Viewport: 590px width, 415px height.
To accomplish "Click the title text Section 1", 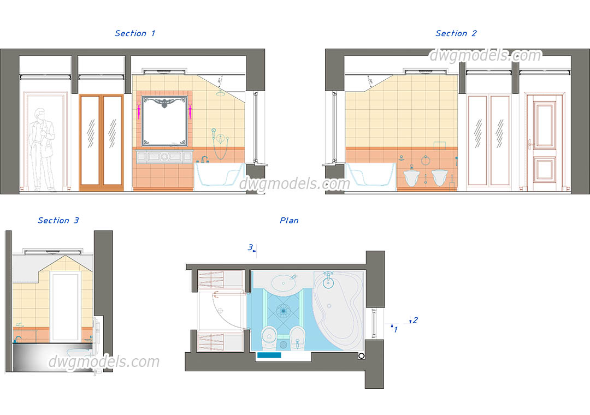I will (135, 33).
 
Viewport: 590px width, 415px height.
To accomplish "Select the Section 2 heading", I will (456, 33).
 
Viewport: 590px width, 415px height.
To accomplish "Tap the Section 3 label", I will (58, 221).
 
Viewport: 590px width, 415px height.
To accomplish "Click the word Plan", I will (289, 221).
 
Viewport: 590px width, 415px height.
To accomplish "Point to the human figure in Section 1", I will (43, 149).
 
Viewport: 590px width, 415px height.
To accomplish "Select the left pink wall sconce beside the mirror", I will (140, 112).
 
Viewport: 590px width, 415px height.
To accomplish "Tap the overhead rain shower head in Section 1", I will (220, 94).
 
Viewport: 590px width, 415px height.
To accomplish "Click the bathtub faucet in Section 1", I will (205, 159).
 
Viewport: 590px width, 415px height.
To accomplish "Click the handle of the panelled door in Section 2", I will (530, 145).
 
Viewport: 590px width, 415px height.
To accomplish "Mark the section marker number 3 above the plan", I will (250, 247).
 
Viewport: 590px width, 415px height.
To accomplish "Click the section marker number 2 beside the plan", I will (415, 320).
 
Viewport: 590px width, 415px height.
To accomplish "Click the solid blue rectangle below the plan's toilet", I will (269, 355).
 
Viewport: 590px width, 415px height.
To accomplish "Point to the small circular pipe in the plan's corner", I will (361, 355).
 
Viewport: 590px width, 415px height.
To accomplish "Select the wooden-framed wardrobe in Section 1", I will (102, 142).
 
